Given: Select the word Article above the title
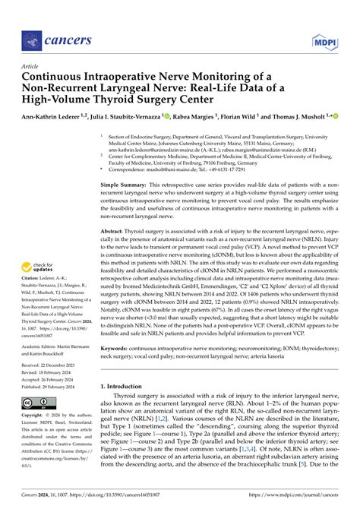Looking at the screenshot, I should tap(33, 66).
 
